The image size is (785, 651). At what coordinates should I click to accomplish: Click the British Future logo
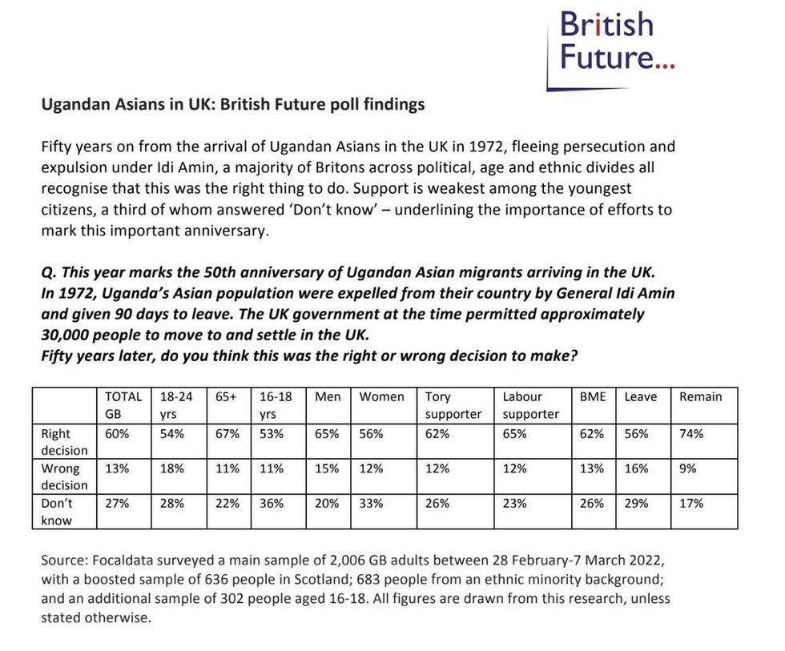(x=615, y=40)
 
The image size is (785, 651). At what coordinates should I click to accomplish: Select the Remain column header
(x=700, y=397)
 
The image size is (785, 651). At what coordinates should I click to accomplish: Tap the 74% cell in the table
(x=690, y=434)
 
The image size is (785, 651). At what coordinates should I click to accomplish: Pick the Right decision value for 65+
(x=227, y=434)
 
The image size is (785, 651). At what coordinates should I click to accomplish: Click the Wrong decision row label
(x=65, y=477)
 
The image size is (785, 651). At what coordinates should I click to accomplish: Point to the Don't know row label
(x=57, y=512)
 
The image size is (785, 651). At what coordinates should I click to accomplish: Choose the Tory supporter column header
(x=453, y=405)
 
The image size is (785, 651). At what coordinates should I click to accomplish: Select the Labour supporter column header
(x=531, y=405)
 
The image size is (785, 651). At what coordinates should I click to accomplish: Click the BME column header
(x=592, y=397)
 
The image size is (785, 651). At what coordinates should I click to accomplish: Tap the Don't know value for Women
(x=371, y=504)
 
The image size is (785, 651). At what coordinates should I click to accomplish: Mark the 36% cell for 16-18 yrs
(x=272, y=504)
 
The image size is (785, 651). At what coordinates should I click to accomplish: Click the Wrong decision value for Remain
(x=687, y=469)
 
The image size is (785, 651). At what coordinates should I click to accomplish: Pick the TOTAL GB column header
(x=123, y=405)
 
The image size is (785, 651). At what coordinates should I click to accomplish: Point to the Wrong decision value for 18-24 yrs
(x=171, y=469)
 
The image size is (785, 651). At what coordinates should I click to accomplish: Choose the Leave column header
(x=640, y=397)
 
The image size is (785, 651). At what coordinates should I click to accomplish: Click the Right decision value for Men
(x=327, y=434)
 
